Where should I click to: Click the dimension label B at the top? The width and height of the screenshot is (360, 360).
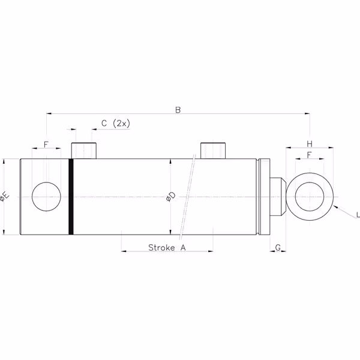coord(178,110)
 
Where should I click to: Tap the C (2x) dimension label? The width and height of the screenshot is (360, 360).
coord(116,124)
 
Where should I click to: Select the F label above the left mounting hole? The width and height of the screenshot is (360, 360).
coord(46,145)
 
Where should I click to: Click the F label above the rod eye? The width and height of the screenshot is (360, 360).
coord(310,155)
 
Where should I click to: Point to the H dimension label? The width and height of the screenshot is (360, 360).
coord(310,144)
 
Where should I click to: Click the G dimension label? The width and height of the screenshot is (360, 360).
coord(278,248)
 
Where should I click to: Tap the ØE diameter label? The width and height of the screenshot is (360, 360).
coord(4,197)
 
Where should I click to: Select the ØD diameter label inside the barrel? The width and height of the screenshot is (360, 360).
coord(170,197)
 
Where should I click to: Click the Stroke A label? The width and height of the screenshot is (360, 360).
coord(167,247)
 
